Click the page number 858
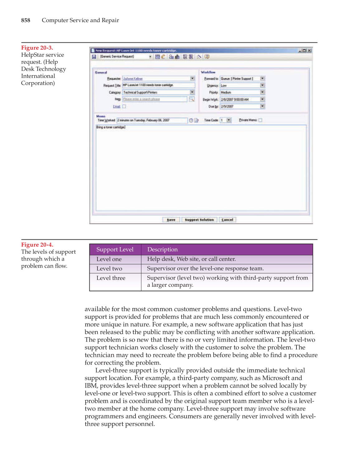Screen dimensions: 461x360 pyautogui.click(x=26, y=20)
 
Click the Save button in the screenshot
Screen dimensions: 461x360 pyautogui.click(x=171, y=220)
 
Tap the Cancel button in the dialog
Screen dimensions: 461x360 pyautogui.click(x=227, y=220)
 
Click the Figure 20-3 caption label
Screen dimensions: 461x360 pyautogui.click(x=37, y=48)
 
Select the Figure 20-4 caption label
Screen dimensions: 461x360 pyautogui.click(x=37, y=245)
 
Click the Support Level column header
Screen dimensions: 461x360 pyautogui.click(x=115, y=249)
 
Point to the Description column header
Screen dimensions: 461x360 pyautogui.click(x=162, y=249)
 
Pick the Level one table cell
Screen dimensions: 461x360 pyautogui.click(x=109, y=259)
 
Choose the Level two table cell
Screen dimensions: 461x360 pyautogui.click(x=109, y=269)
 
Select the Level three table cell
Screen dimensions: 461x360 pyautogui.click(x=111, y=278)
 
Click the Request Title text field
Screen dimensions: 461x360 pyautogui.click(x=158, y=85)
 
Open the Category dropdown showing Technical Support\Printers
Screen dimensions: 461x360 pyautogui.click(x=192, y=92)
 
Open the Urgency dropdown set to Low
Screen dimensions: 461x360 pyautogui.click(x=263, y=85)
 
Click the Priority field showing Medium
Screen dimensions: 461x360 pyautogui.click(x=240, y=92)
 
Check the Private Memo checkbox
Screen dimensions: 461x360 pyautogui.click(x=260, y=120)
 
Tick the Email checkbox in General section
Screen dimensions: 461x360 pyautogui.click(x=124, y=106)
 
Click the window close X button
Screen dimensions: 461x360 pyautogui.click(x=309, y=50)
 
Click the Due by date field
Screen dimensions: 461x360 pyautogui.click(x=240, y=106)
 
